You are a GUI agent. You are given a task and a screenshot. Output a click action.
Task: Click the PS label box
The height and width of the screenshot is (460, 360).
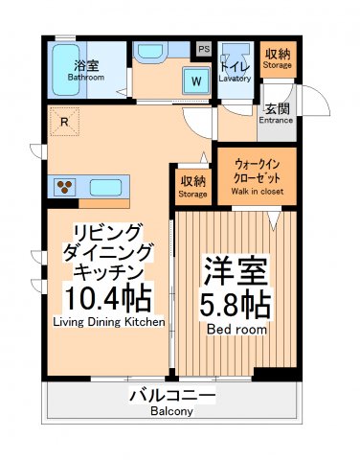(x=203, y=48)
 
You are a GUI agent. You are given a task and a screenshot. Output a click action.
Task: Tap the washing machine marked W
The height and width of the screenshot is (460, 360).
(x=196, y=81)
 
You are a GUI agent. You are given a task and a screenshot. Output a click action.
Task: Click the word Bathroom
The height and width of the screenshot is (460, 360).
(x=83, y=78)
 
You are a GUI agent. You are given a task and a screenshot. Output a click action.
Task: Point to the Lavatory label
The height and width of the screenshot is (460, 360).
(x=235, y=79)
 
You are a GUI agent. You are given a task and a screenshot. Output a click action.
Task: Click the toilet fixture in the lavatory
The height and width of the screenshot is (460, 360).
(x=234, y=52)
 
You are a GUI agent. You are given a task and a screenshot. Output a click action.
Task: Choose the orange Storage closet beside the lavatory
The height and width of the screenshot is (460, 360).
(x=279, y=60)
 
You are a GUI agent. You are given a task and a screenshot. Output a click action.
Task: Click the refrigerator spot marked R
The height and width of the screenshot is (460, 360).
(x=63, y=122)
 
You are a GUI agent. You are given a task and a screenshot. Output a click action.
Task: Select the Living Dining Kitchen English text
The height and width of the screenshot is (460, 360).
(x=107, y=322)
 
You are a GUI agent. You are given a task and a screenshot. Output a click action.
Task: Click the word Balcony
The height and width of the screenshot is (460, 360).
(x=171, y=412)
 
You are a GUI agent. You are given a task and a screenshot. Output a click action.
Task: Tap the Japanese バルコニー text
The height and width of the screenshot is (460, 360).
(x=171, y=396)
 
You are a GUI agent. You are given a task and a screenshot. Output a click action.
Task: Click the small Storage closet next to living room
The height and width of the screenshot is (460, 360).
(x=191, y=187)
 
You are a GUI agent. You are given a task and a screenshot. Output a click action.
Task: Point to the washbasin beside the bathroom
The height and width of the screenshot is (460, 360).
(x=151, y=52)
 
